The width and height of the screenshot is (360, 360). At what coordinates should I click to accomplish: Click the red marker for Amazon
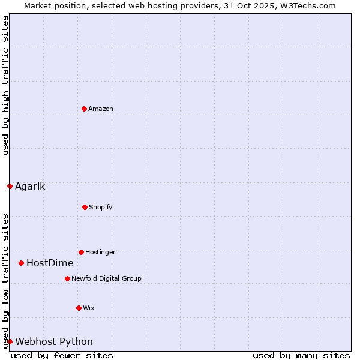pyautogui.click(x=84, y=109)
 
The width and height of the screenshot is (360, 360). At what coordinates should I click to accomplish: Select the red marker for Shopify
pyautogui.click(x=85, y=207)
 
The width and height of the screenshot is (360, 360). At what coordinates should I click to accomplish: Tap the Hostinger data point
pyautogui.click(x=81, y=252)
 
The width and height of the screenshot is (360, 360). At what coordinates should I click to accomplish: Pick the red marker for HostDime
pyautogui.click(x=21, y=263)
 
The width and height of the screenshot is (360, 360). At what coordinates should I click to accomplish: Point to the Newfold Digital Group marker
pyautogui.click(x=67, y=278)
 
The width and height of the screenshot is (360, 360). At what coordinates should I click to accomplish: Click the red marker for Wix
pyautogui.click(x=79, y=308)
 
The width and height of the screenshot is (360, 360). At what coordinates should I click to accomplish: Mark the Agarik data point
pyautogui.click(x=10, y=186)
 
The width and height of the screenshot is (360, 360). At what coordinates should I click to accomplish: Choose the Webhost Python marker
pyautogui.click(x=10, y=341)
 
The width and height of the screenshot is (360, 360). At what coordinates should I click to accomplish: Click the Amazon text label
pyautogui.click(x=101, y=109)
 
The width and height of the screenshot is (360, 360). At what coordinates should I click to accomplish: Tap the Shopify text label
pyautogui.click(x=101, y=207)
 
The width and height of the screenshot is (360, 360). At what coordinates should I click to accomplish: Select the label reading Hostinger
pyautogui.click(x=100, y=252)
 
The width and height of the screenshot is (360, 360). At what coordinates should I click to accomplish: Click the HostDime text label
pyautogui.click(x=50, y=263)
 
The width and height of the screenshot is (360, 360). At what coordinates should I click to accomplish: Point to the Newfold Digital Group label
pyautogui.click(x=106, y=278)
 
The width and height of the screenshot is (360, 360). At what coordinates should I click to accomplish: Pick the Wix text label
pyautogui.click(x=89, y=308)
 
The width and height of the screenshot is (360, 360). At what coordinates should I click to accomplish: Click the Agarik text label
pyautogui.click(x=30, y=186)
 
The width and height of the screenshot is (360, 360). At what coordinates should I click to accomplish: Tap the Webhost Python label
pyautogui.click(x=54, y=341)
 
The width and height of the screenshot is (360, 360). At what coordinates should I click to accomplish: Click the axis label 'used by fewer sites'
pyautogui.click(x=62, y=355)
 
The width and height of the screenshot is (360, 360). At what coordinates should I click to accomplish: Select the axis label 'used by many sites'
pyautogui.click(x=301, y=355)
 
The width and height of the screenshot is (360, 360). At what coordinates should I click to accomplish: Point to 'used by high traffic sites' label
pyautogui.click(x=5, y=85)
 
